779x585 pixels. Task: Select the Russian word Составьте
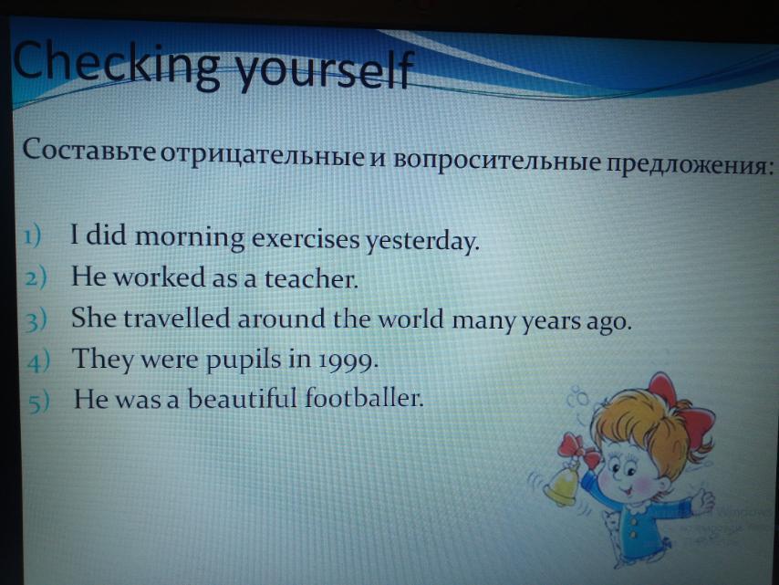point(88,149)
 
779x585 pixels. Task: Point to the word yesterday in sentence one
point(422,241)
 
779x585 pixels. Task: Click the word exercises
point(305,238)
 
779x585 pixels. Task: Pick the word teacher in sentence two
point(311,278)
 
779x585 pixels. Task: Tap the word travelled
point(177,319)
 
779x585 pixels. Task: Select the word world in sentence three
point(410,319)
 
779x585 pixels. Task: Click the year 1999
point(348,361)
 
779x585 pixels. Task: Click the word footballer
point(364,398)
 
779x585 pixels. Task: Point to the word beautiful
point(243,399)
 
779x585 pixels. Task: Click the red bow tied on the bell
point(577,449)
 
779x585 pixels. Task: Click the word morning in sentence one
point(190,237)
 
